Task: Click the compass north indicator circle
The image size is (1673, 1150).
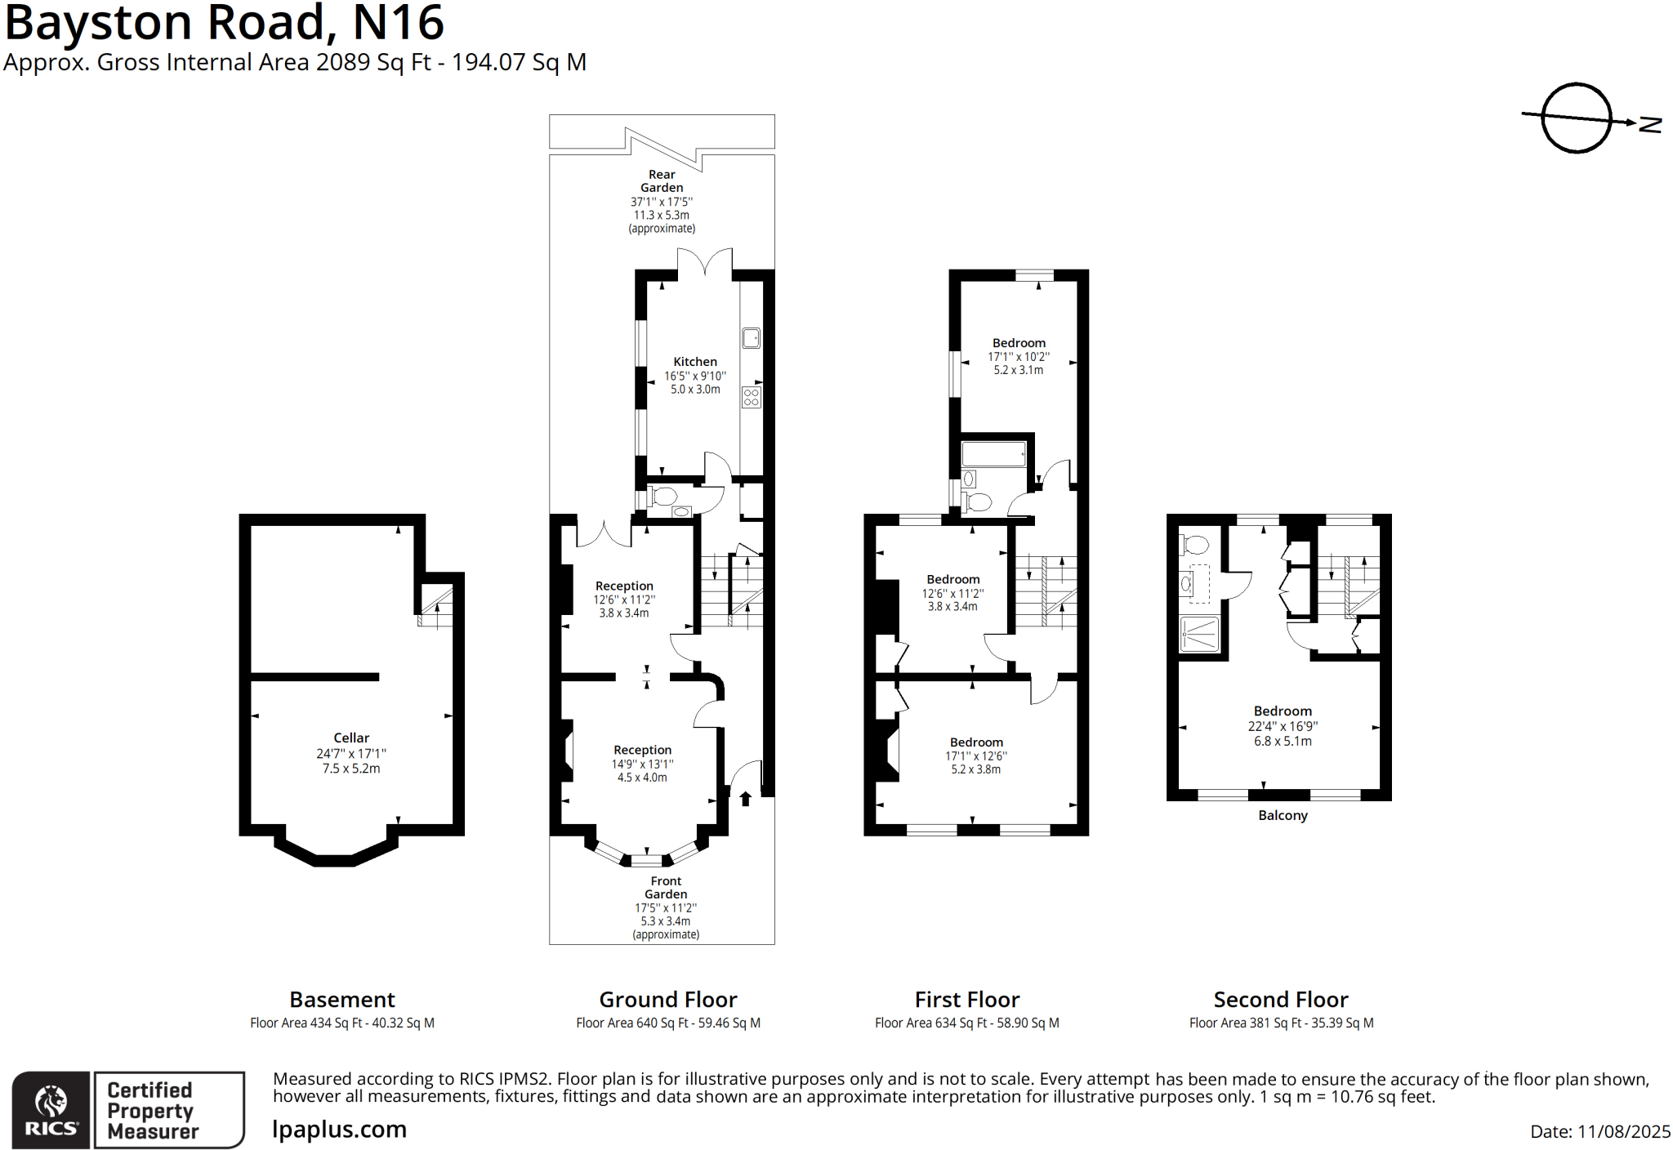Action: pyautogui.click(x=1576, y=118)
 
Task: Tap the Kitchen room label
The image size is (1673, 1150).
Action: pyautogui.click(x=695, y=362)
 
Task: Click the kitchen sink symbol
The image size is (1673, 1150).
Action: pyautogui.click(x=751, y=337)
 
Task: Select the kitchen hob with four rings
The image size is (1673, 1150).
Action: pyautogui.click(x=751, y=398)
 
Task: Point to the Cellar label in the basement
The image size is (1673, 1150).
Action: pyautogui.click(x=351, y=738)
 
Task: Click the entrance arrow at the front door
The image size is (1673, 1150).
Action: pyautogui.click(x=745, y=799)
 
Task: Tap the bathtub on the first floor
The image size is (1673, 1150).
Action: pyautogui.click(x=993, y=454)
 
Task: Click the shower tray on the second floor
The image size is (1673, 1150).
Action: pyautogui.click(x=1199, y=635)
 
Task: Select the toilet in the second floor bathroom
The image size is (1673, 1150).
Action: pyautogui.click(x=1194, y=545)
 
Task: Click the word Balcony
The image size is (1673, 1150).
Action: pyautogui.click(x=1283, y=815)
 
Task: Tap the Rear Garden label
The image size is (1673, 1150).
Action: pyautogui.click(x=662, y=181)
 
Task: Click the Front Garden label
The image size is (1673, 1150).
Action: pyautogui.click(x=666, y=887)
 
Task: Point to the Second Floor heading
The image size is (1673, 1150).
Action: pyautogui.click(x=1280, y=1000)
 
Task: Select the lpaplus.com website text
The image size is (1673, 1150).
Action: pyautogui.click(x=339, y=1130)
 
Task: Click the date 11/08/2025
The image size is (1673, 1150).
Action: pyautogui.click(x=1624, y=1131)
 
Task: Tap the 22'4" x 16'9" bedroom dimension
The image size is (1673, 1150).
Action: pyautogui.click(x=1283, y=726)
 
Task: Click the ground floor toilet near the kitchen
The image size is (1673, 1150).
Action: pyautogui.click(x=663, y=496)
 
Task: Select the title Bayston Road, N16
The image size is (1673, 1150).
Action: pyautogui.click(x=225, y=23)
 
